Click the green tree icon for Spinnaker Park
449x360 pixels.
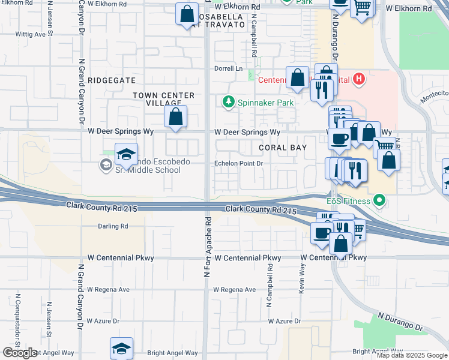[x=228, y=103]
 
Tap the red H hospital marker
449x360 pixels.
[x=359, y=79]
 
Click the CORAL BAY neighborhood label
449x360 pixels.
[x=283, y=148]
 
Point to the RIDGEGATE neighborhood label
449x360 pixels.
[x=112, y=80]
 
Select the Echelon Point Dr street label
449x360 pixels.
[x=240, y=163]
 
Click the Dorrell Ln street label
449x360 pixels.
[x=229, y=68]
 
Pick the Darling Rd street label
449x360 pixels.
[x=113, y=226]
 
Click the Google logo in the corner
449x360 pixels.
[x=19, y=353]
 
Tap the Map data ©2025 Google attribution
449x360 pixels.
[x=411, y=356]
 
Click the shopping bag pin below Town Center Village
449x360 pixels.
[x=175, y=116]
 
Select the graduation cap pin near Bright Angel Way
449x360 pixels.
[x=121, y=348]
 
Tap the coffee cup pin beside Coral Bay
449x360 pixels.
[x=339, y=139]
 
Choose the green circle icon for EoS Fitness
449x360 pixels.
[x=379, y=200]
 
